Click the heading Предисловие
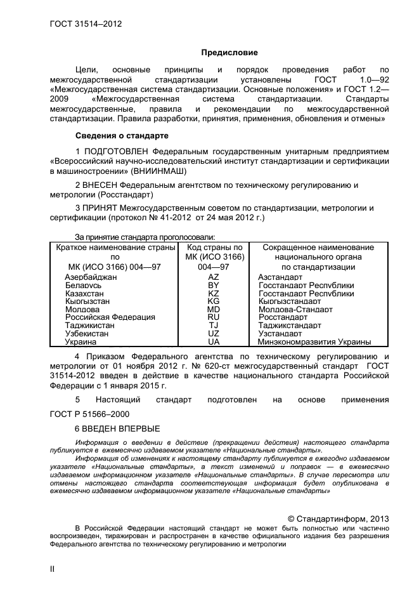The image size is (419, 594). click(229, 52)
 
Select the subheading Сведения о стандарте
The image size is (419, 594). click(122, 136)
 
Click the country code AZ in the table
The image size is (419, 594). click(214, 277)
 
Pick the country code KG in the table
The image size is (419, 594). click(214, 301)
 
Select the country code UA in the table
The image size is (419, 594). click(214, 341)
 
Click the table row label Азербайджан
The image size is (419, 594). click(91, 277)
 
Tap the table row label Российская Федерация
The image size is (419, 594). click(110, 317)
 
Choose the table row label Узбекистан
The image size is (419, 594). click(89, 333)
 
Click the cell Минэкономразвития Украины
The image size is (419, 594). click(314, 341)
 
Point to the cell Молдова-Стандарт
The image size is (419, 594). click(295, 309)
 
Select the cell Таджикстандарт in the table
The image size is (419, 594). click(290, 325)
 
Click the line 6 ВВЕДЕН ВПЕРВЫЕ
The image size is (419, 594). click(117, 428)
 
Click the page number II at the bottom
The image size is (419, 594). click(53, 569)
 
